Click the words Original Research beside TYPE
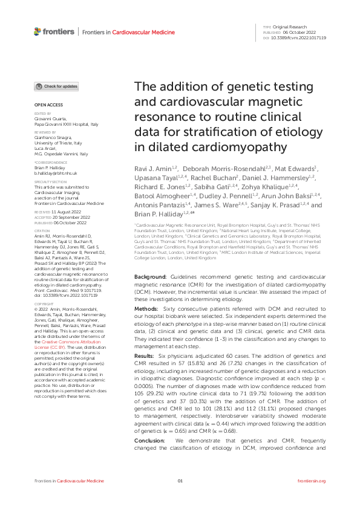click(x=287, y=28)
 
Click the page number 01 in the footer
click(x=180, y=498)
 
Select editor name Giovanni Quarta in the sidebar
click(x=48, y=119)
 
